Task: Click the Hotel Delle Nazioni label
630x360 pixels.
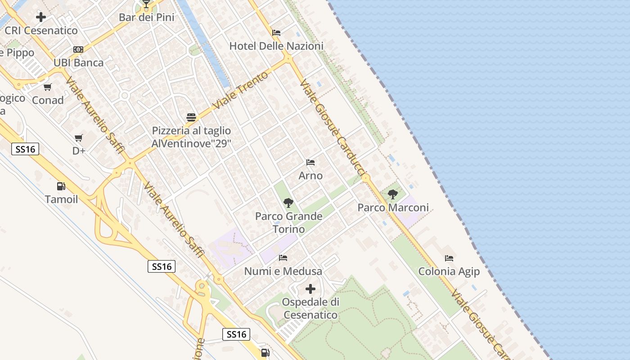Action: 276,46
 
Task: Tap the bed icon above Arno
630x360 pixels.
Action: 310,162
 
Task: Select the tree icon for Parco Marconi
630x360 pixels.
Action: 393,194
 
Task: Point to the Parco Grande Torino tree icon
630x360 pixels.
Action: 288,203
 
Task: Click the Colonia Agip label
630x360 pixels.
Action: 449,271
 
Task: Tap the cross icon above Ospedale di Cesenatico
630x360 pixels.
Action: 310,288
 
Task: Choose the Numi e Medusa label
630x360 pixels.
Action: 283,271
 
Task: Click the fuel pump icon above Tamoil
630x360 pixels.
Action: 61,186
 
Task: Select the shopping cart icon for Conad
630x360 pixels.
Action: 48,87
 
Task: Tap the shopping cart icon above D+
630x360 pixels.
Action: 79,138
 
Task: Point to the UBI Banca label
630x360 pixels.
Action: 79,63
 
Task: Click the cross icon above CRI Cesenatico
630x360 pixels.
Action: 41,18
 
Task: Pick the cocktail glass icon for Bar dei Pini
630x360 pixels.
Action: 146,4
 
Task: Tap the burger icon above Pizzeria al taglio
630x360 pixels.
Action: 191,118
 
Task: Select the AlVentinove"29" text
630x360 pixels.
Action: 191,144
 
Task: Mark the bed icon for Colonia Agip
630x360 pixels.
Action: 449,258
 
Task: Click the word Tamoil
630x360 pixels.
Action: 61,199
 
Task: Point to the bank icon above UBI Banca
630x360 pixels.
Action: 78,49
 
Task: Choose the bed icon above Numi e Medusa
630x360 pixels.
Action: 283,258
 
